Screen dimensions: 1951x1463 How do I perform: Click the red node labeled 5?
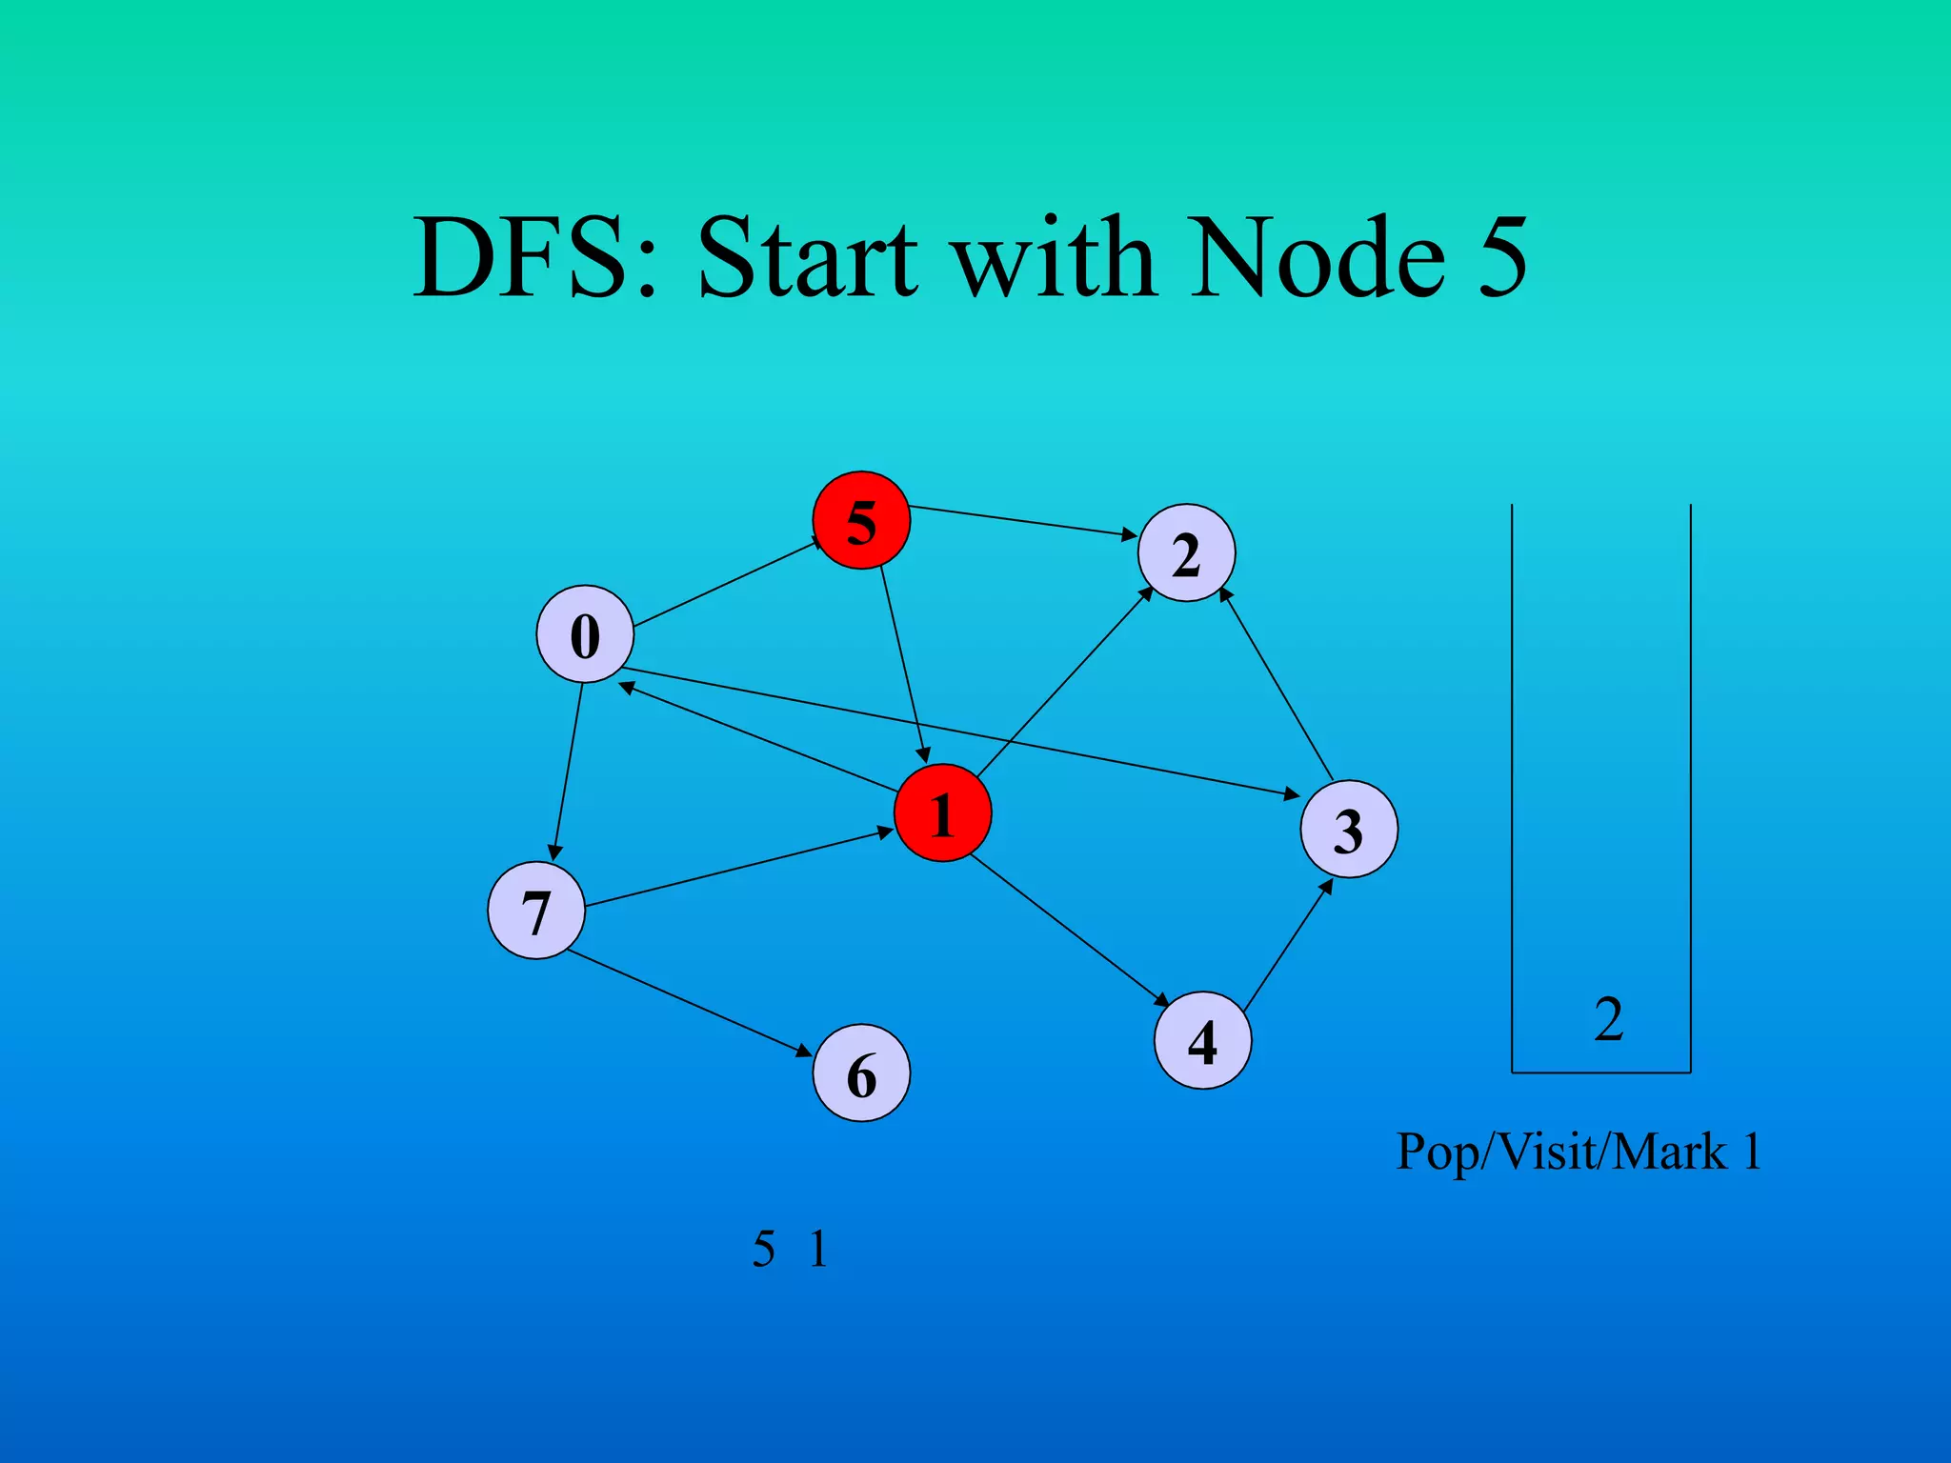pos(861,520)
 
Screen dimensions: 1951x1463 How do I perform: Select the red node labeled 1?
pos(942,812)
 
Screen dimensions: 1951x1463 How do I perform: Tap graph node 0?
pos(585,634)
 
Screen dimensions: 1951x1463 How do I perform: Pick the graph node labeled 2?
pos(1186,552)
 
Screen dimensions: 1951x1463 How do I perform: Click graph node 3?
pos(1349,829)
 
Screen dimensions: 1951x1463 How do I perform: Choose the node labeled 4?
pos(1202,1040)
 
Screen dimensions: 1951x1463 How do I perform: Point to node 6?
pos(861,1073)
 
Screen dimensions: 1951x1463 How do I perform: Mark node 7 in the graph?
pos(535,911)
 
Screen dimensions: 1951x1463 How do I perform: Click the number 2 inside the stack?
pos(1608,1019)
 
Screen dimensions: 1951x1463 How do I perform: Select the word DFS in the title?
pos(534,257)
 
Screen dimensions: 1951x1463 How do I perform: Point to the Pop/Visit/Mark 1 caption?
pos(1578,1152)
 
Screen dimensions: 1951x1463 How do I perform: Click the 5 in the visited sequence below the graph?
pos(763,1249)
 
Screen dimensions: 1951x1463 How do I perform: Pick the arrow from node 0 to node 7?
pos(568,772)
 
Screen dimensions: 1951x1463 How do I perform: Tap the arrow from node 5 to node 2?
pos(1023,521)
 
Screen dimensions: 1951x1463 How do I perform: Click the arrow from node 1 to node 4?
pos(1069,932)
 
